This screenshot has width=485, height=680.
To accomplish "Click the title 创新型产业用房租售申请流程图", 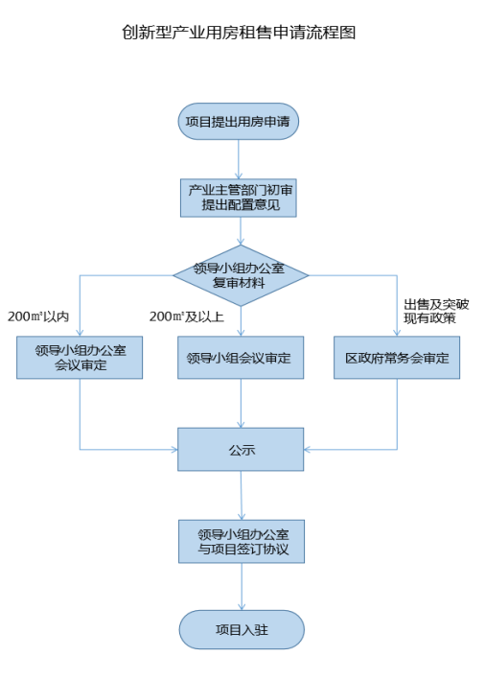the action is (x=239, y=33).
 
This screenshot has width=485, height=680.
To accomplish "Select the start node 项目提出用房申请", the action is (x=239, y=122).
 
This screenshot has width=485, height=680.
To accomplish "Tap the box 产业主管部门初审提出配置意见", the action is (x=239, y=198).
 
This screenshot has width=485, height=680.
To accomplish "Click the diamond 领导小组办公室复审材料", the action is (x=241, y=275).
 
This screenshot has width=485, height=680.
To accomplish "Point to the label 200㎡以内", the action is (x=38, y=317).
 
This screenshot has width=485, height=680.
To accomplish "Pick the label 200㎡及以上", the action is (x=187, y=317).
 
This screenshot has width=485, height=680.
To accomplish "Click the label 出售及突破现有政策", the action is (x=436, y=312).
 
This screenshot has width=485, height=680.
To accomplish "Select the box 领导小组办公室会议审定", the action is (x=80, y=358).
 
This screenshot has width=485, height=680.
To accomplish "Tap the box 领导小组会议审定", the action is (x=241, y=358).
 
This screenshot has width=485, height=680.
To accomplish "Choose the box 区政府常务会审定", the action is (x=397, y=358).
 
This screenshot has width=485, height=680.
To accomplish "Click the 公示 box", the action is (x=241, y=449).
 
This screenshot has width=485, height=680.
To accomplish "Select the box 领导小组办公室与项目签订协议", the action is (x=242, y=541).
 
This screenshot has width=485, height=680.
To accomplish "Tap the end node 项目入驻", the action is (x=242, y=630).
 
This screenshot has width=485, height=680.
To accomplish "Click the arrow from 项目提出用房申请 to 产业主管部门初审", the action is (x=239, y=159).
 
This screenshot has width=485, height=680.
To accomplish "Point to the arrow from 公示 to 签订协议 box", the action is (x=241, y=495).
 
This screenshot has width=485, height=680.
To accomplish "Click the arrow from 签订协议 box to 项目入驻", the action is (x=242, y=587).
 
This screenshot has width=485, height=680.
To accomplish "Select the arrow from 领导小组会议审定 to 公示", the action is (x=241, y=404).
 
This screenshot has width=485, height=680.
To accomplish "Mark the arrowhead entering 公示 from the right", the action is (x=307, y=449).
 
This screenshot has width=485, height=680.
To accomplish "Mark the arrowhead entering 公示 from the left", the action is (x=174, y=449).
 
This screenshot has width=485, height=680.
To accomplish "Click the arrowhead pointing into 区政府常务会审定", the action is (x=397, y=333).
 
